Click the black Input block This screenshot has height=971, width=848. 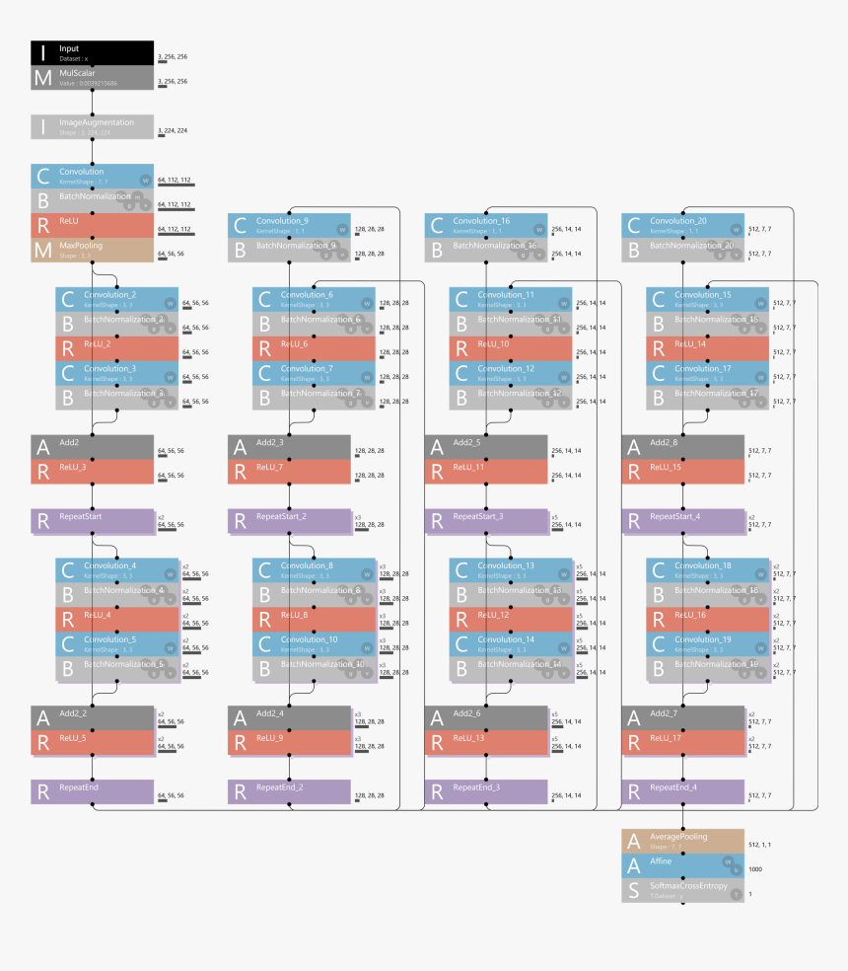(x=92, y=52)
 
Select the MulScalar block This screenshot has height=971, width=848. (x=92, y=77)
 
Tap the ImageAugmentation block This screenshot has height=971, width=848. (x=92, y=126)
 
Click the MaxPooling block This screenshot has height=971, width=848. (x=92, y=250)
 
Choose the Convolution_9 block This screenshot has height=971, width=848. (x=290, y=225)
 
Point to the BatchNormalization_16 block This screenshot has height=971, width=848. (x=487, y=250)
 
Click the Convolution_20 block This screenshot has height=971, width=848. (x=684, y=225)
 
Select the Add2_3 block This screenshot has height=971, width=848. (x=290, y=447)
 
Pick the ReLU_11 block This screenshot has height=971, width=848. (x=487, y=472)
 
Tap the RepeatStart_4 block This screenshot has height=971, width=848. (x=684, y=521)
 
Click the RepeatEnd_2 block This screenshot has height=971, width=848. (x=290, y=791)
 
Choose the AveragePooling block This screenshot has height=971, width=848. (x=684, y=841)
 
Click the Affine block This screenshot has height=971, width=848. (x=684, y=865)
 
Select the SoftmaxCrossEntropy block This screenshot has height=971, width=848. (x=684, y=890)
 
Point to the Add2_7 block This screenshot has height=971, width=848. (x=684, y=717)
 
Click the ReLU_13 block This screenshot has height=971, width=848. (x=487, y=742)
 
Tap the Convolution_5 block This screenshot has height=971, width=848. (x=117, y=643)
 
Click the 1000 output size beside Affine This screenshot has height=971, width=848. (x=755, y=869)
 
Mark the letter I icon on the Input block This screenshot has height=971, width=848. (x=42, y=52)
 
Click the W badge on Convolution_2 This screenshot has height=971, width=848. (x=170, y=303)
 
